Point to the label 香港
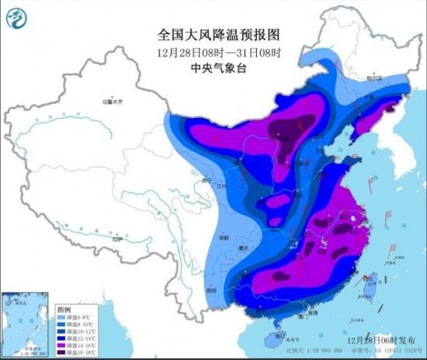[312, 313]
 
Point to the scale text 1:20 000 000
[353, 350]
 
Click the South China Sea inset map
[26, 321]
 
